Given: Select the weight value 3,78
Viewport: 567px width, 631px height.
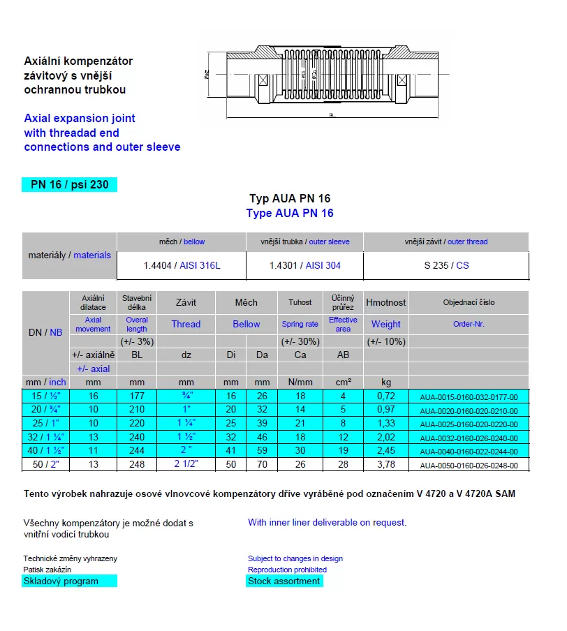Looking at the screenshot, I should (385, 464).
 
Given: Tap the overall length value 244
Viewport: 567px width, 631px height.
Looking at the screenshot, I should (137, 451).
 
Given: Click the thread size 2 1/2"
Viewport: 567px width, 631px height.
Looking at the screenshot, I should (186, 464).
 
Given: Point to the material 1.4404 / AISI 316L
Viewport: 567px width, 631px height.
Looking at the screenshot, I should (182, 265).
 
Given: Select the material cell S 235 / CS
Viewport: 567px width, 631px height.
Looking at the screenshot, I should (446, 265).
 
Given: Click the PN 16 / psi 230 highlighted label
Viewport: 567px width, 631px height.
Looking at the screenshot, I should (69, 185).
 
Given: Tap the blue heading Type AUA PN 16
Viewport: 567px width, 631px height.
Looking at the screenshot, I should (290, 213).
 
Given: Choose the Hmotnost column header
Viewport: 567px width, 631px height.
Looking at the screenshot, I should (385, 302).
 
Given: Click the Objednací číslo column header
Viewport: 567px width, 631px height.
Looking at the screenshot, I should (469, 302).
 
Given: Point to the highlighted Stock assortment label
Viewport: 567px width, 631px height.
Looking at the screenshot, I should (283, 581).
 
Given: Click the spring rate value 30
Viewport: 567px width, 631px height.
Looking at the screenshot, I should (300, 451).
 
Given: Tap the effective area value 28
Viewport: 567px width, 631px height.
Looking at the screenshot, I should (343, 464).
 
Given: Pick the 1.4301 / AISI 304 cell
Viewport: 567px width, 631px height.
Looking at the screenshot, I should (305, 265).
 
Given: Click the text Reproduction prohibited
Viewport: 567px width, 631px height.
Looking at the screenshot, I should (287, 570).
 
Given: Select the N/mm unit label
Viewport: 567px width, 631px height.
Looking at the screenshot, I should (300, 383).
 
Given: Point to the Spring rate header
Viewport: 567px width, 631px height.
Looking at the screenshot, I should (300, 324).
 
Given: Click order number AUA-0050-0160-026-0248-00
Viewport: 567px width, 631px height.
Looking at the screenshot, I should (469, 465).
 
